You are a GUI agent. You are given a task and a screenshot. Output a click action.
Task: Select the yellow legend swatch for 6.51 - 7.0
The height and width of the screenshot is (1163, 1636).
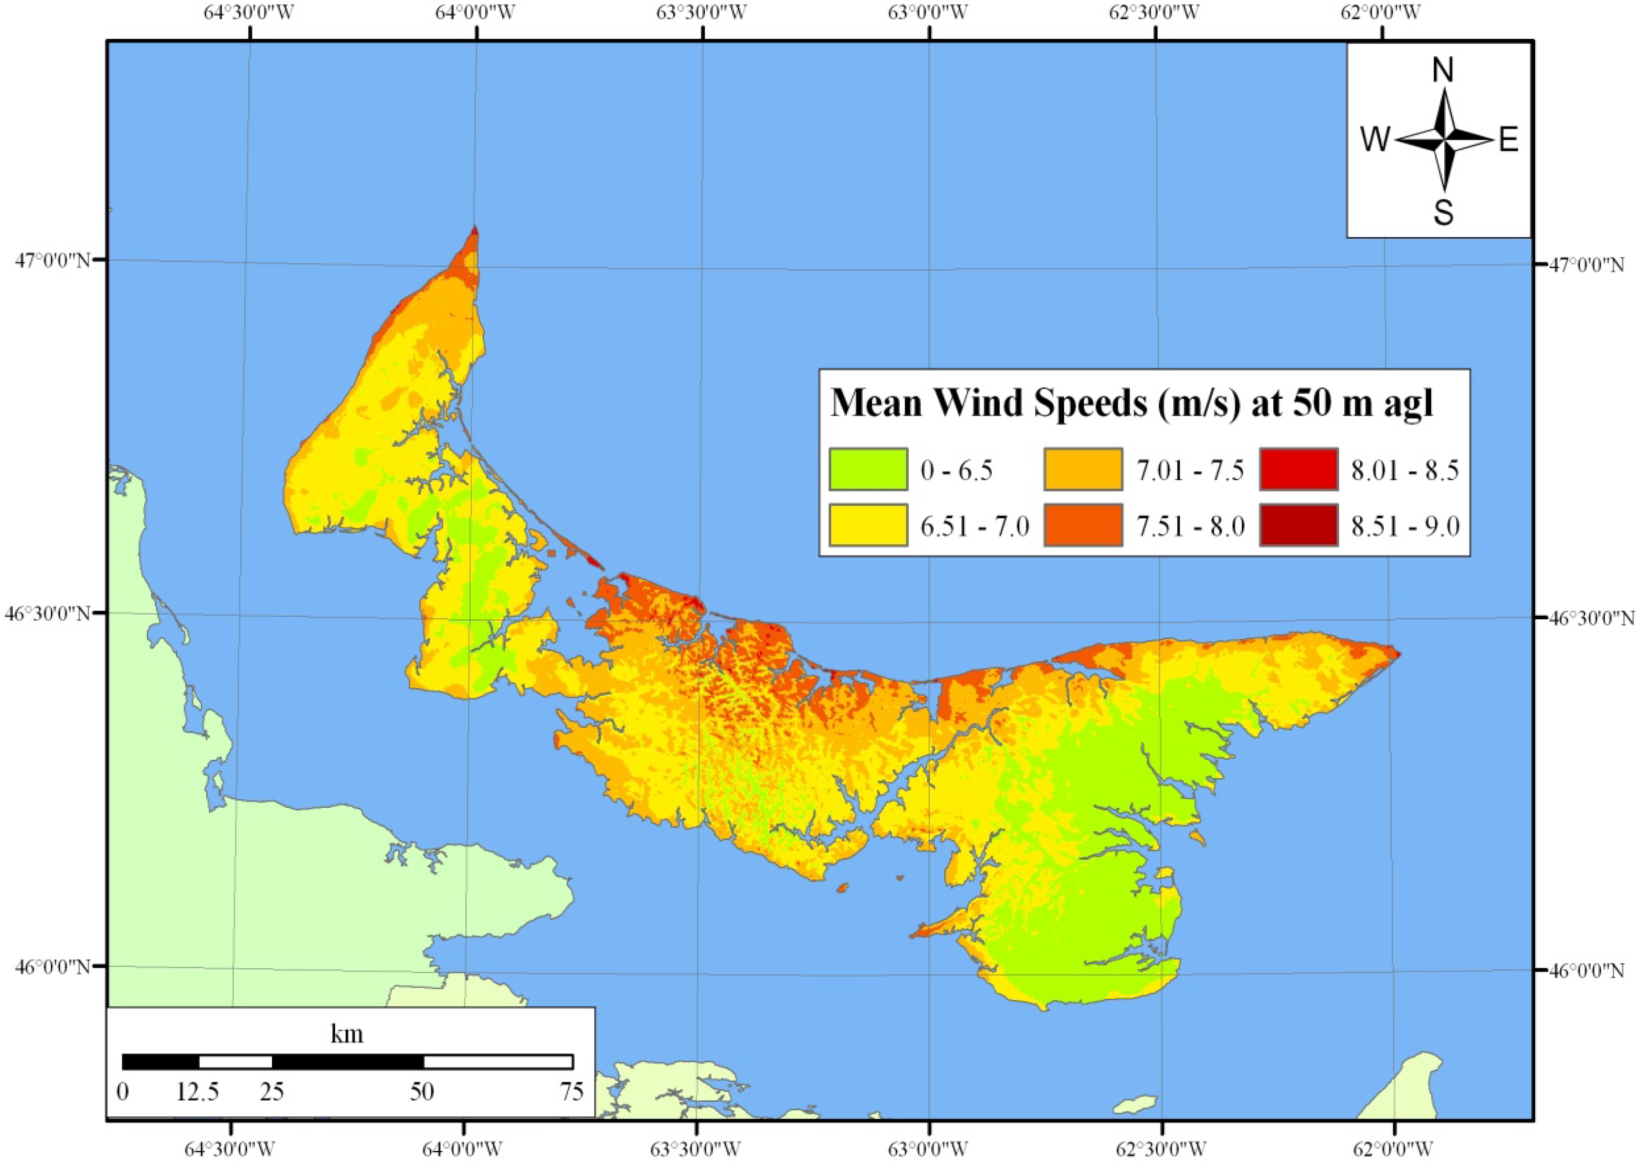coord(868,525)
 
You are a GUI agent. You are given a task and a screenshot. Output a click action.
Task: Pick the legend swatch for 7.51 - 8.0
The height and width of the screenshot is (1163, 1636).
coord(1082,525)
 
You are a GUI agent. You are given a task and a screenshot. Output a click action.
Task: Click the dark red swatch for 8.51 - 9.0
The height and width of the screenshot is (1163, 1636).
coord(1298,525)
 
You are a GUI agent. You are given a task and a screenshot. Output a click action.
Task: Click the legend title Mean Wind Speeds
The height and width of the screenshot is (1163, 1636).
coord(1131,403)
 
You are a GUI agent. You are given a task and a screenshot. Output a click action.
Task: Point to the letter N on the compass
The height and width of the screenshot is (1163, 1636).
coord(1442,70)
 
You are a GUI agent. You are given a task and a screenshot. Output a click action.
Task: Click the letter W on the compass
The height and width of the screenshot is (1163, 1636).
coord(1375,140)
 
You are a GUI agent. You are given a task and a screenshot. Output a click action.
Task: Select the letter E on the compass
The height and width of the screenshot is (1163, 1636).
coord(1509,140)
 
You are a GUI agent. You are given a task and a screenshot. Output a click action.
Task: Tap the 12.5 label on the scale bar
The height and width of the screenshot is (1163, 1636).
coord(198,1091)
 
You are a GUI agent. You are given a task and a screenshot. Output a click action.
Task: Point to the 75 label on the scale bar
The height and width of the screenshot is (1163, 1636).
coord(571,1091)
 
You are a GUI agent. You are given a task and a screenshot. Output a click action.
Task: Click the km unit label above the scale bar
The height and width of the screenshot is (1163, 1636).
coord(347,1033)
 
